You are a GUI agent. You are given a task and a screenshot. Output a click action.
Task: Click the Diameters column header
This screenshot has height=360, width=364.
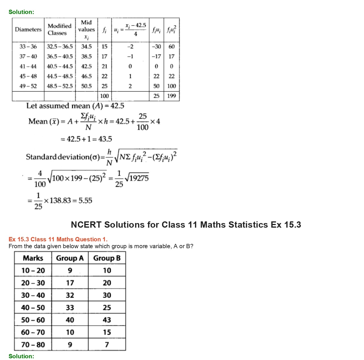tap(28, 29)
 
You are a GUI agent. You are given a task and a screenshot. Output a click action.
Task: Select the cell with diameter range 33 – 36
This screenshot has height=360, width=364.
tap(28, 46)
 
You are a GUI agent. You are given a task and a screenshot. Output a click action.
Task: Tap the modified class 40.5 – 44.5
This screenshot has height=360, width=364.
tap(60, 66)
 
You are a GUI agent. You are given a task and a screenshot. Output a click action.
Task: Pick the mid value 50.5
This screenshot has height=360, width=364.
tap(87, 86)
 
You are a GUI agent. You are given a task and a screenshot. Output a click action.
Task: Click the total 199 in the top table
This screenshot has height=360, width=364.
tap(171, 96)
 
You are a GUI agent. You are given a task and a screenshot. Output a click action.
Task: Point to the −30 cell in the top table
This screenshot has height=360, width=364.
tap(156, 46)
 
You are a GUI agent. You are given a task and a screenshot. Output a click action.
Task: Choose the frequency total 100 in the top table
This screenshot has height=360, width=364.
tap(104, 96)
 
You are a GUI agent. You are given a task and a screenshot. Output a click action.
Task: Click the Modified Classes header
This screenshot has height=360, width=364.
tap(59, 29)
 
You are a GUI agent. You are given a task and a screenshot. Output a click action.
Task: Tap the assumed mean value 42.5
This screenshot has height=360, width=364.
tap(117, 106)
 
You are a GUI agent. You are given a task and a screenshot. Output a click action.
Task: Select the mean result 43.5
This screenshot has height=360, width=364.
tap(105, 139)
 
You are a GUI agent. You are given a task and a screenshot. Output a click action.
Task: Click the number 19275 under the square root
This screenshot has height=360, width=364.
tap(139, 178)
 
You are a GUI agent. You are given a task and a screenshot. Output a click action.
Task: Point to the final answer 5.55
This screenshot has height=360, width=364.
tap(85, 201)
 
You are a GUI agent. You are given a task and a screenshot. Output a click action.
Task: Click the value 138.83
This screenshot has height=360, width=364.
tap(60, 201)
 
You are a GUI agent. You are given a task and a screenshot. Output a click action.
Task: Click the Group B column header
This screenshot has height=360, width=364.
tap(107, 258)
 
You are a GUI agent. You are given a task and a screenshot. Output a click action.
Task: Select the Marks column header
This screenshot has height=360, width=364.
tap(33, 258)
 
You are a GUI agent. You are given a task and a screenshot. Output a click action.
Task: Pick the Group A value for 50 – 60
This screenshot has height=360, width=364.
tap(70, 320)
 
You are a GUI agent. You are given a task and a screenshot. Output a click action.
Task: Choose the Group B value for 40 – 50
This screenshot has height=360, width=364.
tap(107, 308)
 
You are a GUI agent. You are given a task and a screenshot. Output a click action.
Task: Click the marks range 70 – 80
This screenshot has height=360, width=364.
tap(33, 345)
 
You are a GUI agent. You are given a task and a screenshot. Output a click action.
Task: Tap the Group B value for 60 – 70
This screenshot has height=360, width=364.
tap(107, 332)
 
